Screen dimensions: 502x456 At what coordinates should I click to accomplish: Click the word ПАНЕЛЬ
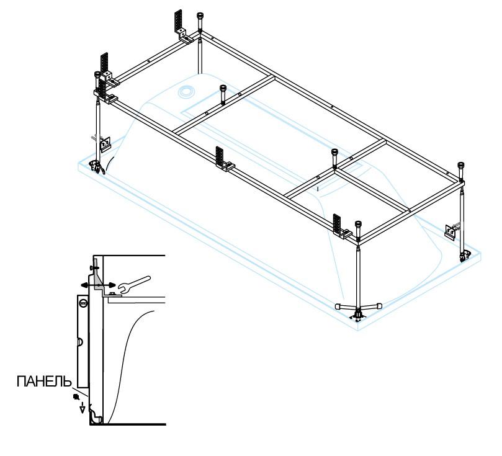coord(44,382)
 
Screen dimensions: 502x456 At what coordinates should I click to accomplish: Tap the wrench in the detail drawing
coord(134,284)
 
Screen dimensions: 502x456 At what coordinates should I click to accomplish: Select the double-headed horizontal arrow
coord(98,285)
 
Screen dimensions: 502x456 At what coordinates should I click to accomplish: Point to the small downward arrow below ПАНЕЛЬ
coord(83,408)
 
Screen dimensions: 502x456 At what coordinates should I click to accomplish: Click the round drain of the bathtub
coord(186,91)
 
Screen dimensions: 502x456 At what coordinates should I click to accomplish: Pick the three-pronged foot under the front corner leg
coord(358,310)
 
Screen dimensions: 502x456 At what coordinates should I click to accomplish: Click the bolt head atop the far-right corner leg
coord(461,167)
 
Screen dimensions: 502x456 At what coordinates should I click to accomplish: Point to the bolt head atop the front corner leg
coord(358,226)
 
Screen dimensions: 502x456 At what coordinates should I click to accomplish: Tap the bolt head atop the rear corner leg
coord(200,17)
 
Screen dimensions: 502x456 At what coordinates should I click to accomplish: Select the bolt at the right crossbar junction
coord(335,158)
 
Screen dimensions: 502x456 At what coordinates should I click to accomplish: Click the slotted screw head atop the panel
coord(84,302)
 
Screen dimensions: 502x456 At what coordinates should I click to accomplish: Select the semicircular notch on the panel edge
coord(80,342)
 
